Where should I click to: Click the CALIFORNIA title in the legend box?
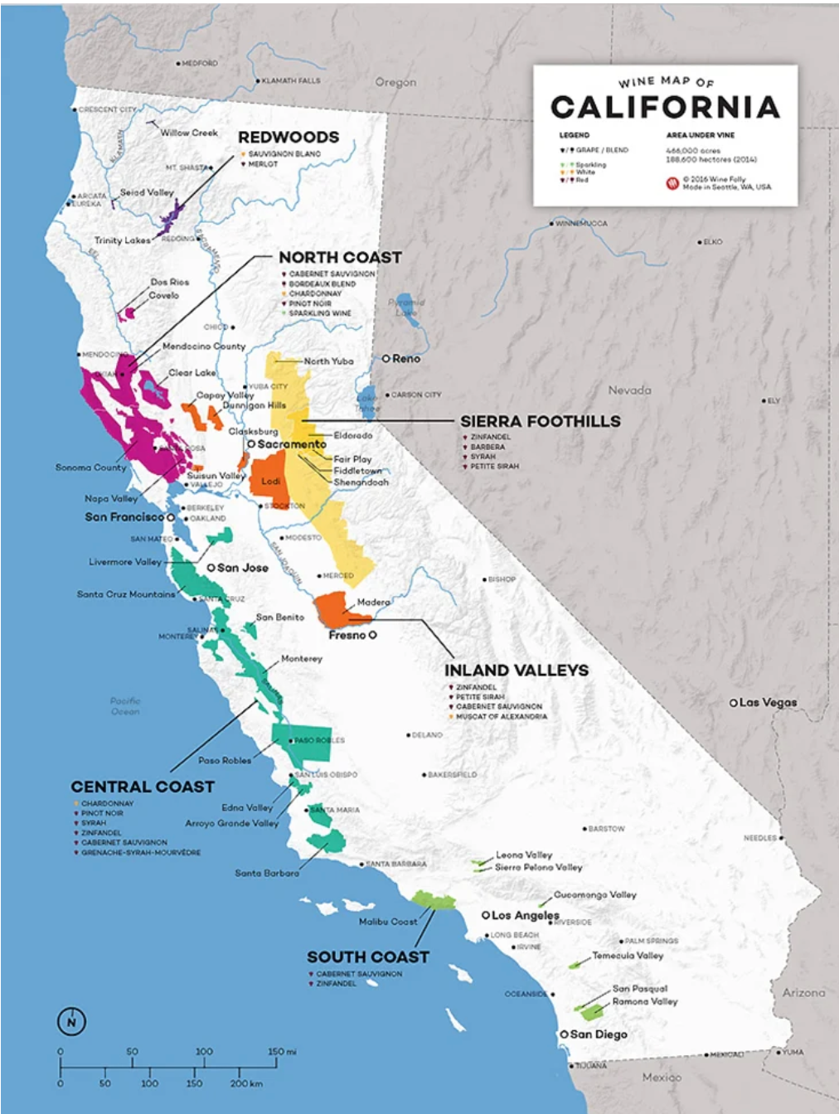click(665, 108)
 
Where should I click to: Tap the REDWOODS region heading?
click(289, 138)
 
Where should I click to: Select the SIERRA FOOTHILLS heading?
click(540, 422)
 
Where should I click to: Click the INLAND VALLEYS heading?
click(516, 671)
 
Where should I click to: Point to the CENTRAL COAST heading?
click(143, 787)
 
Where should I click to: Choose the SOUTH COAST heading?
click(368, 957)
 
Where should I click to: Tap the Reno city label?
click(405, 359)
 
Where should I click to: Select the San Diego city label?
click(598, 1034)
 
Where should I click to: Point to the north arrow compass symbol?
click(71, 1021)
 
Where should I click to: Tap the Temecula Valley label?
click(627, 956)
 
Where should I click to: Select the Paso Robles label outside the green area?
click(224, 760)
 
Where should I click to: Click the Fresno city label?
click(347, 635)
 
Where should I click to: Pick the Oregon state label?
click(395, 83)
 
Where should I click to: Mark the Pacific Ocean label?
click(125, 706)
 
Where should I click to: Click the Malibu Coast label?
click(388, 922)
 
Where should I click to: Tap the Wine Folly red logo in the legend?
click(672, 183)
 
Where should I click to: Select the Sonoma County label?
click(90, 467)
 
